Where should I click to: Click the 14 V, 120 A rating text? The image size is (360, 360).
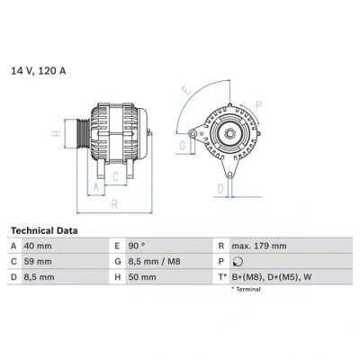click(39, 71)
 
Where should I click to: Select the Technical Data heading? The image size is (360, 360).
click(44, 230)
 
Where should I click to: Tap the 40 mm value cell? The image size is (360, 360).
click(38, 246)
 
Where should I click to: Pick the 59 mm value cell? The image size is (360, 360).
click(38, 262)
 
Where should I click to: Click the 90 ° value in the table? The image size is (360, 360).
click(137, 246)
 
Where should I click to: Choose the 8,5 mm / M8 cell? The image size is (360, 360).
click(155, 262)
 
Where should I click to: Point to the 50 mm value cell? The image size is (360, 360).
click(142, 277)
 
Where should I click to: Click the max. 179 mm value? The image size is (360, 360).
click(259, 246)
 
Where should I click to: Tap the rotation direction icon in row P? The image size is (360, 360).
click(238, 262)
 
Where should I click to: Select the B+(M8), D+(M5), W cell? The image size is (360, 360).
click(272, 277)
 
